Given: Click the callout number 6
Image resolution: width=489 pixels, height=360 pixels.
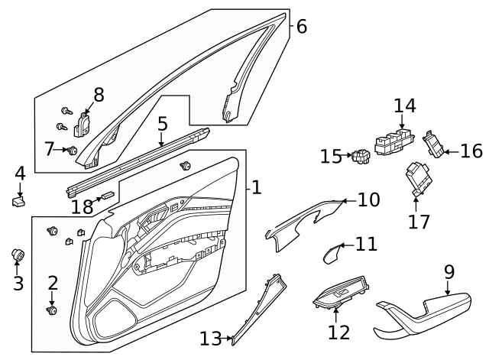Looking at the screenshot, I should (301, 27).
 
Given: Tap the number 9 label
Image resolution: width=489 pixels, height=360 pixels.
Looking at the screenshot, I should (449, 271).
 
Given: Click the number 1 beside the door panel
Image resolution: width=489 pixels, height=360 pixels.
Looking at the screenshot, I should (257, 187).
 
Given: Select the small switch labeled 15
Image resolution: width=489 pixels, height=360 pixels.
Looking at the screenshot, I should (360, 157).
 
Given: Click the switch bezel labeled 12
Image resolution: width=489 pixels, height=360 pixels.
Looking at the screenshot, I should (339, 298).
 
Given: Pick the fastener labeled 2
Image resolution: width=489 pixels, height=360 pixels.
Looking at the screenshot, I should (52, 310).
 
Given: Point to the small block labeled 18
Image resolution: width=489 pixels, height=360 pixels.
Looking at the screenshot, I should (108, 196).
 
